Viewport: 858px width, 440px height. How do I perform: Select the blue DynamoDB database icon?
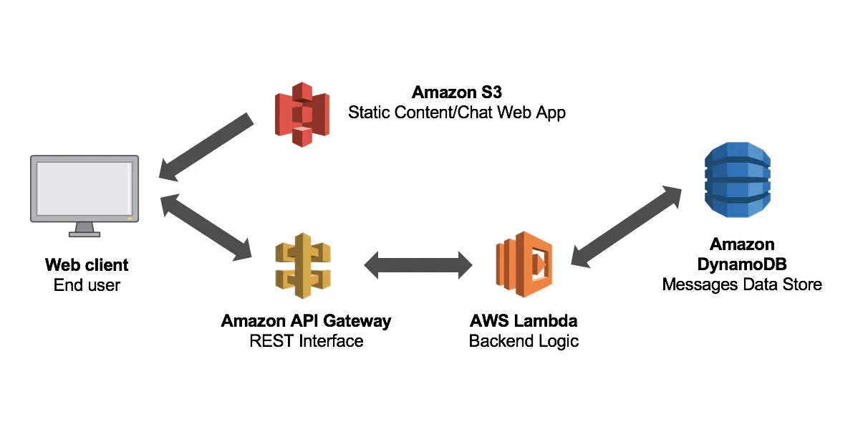[x=737, y=179]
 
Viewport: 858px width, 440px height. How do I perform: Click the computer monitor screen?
[x=83, y=187]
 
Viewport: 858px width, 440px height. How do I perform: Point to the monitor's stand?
[x=85, y=229]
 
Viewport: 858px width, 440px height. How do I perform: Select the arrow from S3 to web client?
[x=206, y=147]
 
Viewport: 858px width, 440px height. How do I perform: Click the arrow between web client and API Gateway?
[x=206, y=226]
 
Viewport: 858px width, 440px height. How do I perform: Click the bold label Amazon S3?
[x=456, y=92]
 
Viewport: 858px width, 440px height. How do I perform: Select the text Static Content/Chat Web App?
[x=456, y=113]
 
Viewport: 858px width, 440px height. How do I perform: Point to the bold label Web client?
[x=87, y=264]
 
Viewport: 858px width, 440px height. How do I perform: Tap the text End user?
[x=87, y=285]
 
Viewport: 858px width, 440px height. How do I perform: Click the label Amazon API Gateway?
[x=307, y=320]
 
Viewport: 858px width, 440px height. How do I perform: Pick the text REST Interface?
[x=307, y=341]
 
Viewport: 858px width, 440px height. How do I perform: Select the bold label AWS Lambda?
[x=524, y=320]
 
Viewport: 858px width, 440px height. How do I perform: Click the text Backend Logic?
[x=524, y=341]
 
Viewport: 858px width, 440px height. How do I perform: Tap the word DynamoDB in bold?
[x=741, y=264]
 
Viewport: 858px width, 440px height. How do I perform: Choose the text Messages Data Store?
[x=741, y=284]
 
